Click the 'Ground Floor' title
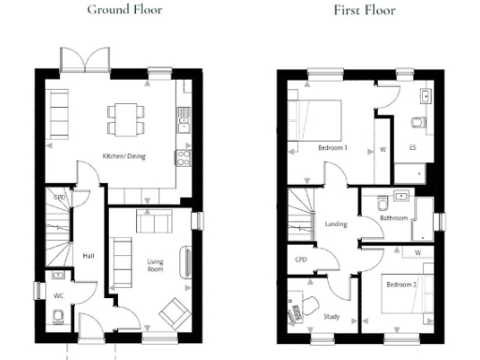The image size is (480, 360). tap(125, 10)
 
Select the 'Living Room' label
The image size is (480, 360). tap(155, 266)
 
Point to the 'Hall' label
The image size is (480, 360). tap(88, 254)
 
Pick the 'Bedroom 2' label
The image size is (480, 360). tap(400, 282)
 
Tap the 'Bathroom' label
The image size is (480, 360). tap(394, 217)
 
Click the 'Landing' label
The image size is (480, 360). tap(337, 224)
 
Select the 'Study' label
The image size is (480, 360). tap(331, 316)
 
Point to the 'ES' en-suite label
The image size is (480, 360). tap(412, 148)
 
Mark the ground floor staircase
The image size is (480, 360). tap(59, 230)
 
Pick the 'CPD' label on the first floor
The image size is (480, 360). tap(301, 260)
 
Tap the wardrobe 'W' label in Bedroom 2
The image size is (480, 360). tap(416, 251)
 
